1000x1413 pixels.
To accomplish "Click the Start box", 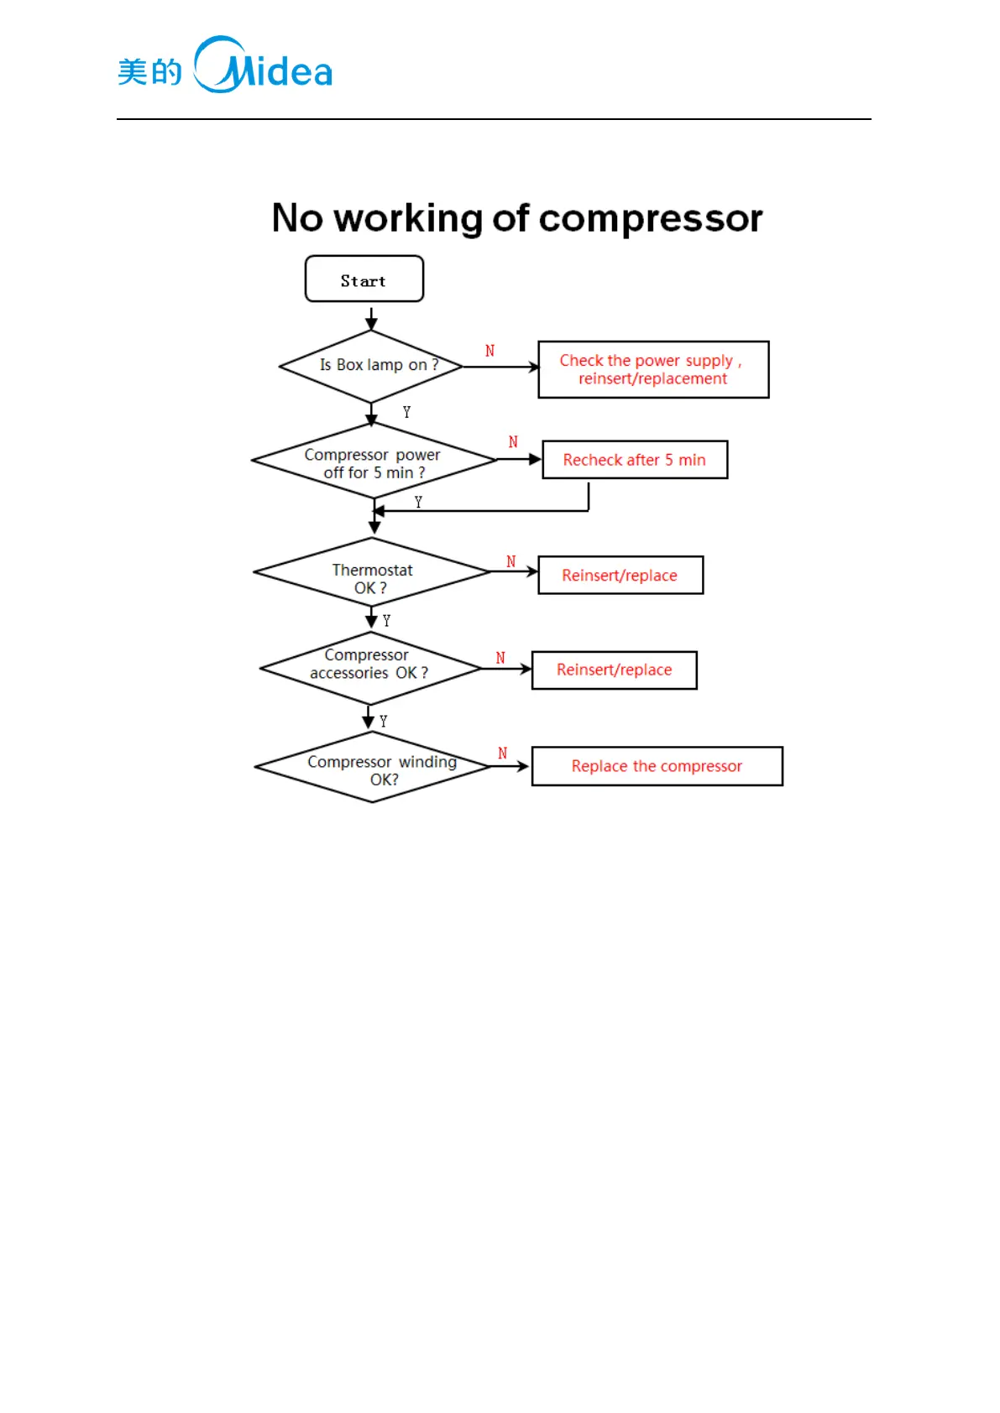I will click(364, 279).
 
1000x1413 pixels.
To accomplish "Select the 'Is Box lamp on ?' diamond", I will click(371, 366).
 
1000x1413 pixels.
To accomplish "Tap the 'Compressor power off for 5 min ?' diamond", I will click(374, 462).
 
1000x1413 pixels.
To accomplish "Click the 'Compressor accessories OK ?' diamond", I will click(370, 668).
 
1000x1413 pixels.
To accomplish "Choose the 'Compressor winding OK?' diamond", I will click(373, 768).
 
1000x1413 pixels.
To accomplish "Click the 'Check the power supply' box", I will click(653, 369).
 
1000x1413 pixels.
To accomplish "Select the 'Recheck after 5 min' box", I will click(635, 460).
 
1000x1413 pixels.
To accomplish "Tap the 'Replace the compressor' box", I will click(657, 766).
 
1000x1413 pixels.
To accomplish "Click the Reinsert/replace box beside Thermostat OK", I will click(620, 575).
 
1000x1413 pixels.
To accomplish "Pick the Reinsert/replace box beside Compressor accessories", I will click(614, 670).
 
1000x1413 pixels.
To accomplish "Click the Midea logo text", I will click(264, 65).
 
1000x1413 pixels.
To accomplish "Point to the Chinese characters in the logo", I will click(149, 72).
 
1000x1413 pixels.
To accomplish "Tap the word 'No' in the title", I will click(297, 218).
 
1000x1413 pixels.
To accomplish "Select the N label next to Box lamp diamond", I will click(490, 351).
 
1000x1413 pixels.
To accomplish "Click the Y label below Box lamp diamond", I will click(406, 412).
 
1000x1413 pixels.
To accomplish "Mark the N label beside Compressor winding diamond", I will click(502, 753).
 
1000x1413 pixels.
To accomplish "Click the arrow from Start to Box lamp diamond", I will click(371, 318).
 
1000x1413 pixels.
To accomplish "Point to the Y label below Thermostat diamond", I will click(386, 621).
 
